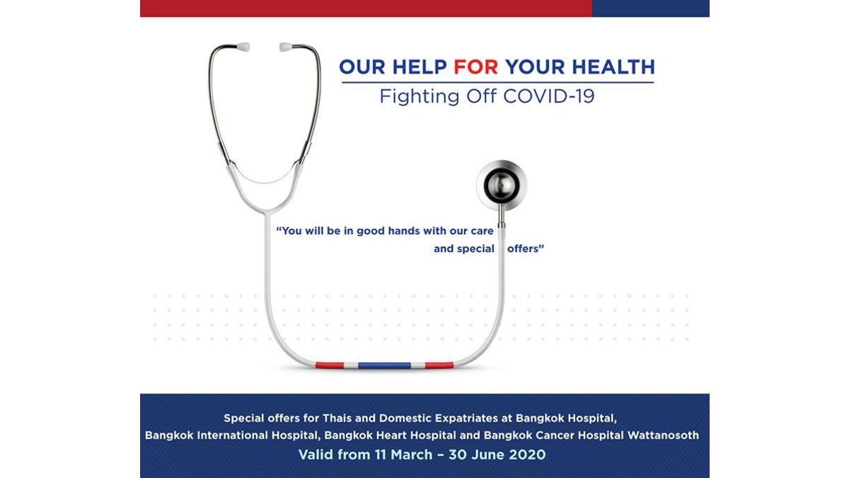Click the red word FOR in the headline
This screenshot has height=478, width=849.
tap(475, 67)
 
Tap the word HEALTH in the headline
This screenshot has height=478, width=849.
tap(613, 67)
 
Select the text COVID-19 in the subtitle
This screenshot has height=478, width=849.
tap(549, 96)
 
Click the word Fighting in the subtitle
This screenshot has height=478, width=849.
tap(420, 97)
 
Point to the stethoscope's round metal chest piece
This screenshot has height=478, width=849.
tap(502, 186)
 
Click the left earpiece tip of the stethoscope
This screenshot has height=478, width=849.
tap(243, 47)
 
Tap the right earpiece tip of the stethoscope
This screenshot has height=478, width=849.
tap(286, 47)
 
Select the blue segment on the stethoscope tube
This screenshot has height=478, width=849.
tap(384, 365)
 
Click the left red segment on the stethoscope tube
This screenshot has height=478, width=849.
tap(330, 365)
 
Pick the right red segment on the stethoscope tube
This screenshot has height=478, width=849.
tap(439, 365)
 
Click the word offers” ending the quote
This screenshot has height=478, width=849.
tap(526, 249)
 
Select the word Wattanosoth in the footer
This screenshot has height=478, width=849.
tap(663, 435)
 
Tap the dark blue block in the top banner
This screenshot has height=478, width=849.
tap(650, 8)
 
